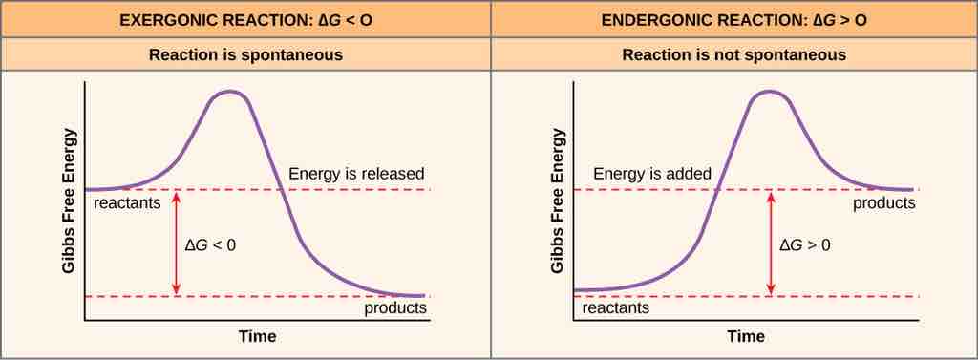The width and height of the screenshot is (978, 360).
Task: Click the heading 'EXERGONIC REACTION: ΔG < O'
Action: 245,19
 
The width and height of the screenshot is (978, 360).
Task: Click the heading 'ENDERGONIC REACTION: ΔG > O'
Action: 733,19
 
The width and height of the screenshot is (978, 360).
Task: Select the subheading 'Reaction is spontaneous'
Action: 245,54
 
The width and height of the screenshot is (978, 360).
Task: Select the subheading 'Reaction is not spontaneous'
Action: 733,54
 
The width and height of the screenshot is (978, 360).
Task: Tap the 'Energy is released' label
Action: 356,174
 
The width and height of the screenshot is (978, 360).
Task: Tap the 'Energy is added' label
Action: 652,174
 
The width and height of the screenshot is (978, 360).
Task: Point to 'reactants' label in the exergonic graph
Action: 126,203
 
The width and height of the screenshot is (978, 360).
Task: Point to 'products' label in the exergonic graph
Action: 395,308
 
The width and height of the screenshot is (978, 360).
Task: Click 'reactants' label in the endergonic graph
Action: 615,308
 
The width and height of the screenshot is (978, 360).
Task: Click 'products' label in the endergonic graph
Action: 883,203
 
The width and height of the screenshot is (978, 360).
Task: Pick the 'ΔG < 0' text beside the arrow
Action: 210,244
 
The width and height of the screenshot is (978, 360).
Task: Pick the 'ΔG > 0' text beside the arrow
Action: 805,244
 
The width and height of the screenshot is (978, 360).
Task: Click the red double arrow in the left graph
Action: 175,244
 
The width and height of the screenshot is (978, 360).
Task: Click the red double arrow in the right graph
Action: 770,244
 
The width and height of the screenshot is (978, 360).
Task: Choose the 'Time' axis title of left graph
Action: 258,336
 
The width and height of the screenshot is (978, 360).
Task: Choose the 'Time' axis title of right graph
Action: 746,336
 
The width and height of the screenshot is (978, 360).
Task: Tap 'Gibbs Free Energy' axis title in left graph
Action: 69,201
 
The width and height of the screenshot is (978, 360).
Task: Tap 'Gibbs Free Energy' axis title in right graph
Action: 557,201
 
